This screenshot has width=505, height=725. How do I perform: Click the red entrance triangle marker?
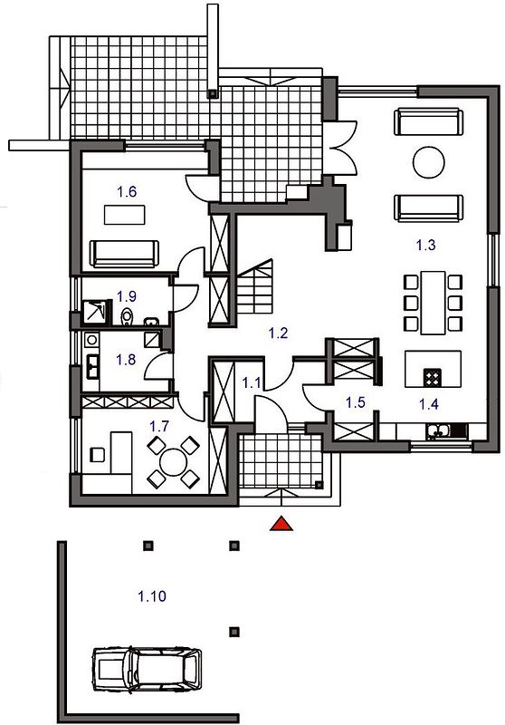(281, 524)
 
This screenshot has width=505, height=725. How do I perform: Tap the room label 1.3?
(425, 245)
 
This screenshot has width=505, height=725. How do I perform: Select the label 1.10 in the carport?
(152, 596)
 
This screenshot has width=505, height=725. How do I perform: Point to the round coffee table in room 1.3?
(428, 162)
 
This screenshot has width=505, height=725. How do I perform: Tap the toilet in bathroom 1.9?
(127, 316)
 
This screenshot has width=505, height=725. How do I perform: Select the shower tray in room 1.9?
(97, 311)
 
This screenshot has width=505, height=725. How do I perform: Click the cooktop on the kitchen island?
(433, 377)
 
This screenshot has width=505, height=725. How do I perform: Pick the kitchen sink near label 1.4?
(438, 431)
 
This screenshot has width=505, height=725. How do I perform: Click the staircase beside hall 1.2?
(255, 286)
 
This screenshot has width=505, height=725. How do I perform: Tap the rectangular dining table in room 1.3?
(433, 303)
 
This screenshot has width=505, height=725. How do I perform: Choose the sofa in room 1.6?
(124, 254)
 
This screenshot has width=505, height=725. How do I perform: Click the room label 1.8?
(126, 359)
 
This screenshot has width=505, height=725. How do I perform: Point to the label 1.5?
(356, 402)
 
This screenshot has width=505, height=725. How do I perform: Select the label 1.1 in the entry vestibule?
(252, 382)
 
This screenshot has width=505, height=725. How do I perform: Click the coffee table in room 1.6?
(125, 215)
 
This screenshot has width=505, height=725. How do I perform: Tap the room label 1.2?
(279, 333)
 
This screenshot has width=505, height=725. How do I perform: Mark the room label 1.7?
(158, 426)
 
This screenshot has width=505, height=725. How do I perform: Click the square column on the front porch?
(319, 485)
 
